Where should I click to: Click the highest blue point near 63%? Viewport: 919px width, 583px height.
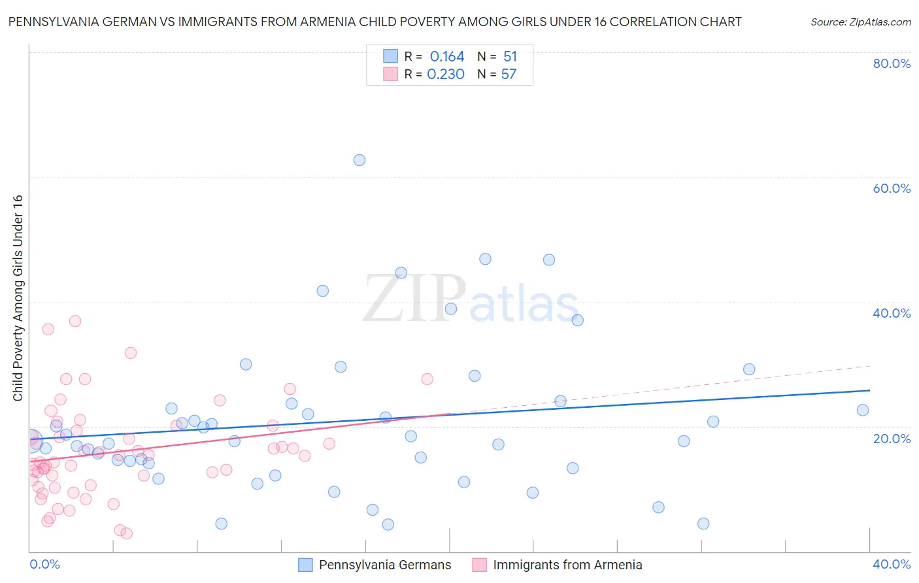[x=359, y=160]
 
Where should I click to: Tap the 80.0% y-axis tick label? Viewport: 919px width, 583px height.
[x=892, y=63]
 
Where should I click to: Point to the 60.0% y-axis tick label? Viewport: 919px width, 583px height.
[x=892, y=188]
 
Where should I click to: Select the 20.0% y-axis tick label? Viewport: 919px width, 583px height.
[x=892, y=438]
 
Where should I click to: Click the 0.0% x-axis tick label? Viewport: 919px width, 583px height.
[x=44, y=564]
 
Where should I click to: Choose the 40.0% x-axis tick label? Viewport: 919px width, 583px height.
[x=892, y=564]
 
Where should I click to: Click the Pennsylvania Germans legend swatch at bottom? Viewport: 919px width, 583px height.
[x=305, y=565]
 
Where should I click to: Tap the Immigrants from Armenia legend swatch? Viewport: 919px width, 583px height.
[x=479, y=565]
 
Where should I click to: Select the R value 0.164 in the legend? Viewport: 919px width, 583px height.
[x=447, y=57]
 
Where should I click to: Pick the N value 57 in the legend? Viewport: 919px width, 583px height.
[x=509, y=75]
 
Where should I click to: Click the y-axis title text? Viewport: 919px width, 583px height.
[x=18, y=298]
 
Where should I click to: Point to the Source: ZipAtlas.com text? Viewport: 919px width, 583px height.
[x=861, y=22]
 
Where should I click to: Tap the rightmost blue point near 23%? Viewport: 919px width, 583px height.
[x=863, y=410]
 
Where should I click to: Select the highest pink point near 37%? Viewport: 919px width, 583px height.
[x=75, y=321]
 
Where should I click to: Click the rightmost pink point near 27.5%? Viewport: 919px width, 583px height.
[x=427, y=379]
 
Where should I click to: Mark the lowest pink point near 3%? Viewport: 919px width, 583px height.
[x=127, y=533]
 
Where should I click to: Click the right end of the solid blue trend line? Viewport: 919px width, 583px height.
[x=870, y=390]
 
